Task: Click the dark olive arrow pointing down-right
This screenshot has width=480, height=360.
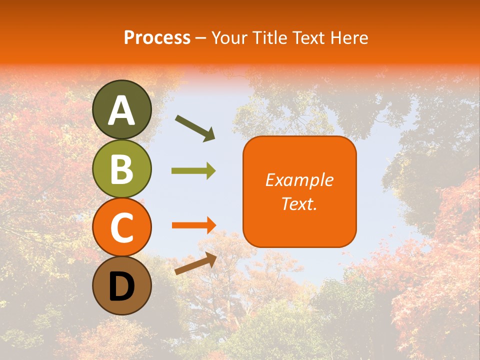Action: coord(195,127)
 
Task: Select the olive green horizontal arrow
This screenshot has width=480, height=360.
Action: coord(193,171)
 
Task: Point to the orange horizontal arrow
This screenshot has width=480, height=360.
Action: coord(193,225)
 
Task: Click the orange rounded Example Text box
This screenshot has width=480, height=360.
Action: coord(299,191)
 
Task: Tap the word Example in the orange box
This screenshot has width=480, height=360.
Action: coord(299,180)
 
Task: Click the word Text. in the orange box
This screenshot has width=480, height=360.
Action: coord(299,203)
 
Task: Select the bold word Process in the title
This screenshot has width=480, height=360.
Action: coord(157,37)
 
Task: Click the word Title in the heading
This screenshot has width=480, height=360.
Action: coord(269,37)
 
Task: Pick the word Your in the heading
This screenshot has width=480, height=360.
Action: coord(228,37)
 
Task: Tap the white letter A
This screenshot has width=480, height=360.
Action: coord(122,110)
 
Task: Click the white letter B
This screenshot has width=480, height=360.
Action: coord(122,169)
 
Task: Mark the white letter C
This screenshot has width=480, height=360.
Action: coord(122,228)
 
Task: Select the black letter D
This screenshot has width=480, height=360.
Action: coord(122,286)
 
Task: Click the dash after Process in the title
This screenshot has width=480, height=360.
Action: coord(201,38)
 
